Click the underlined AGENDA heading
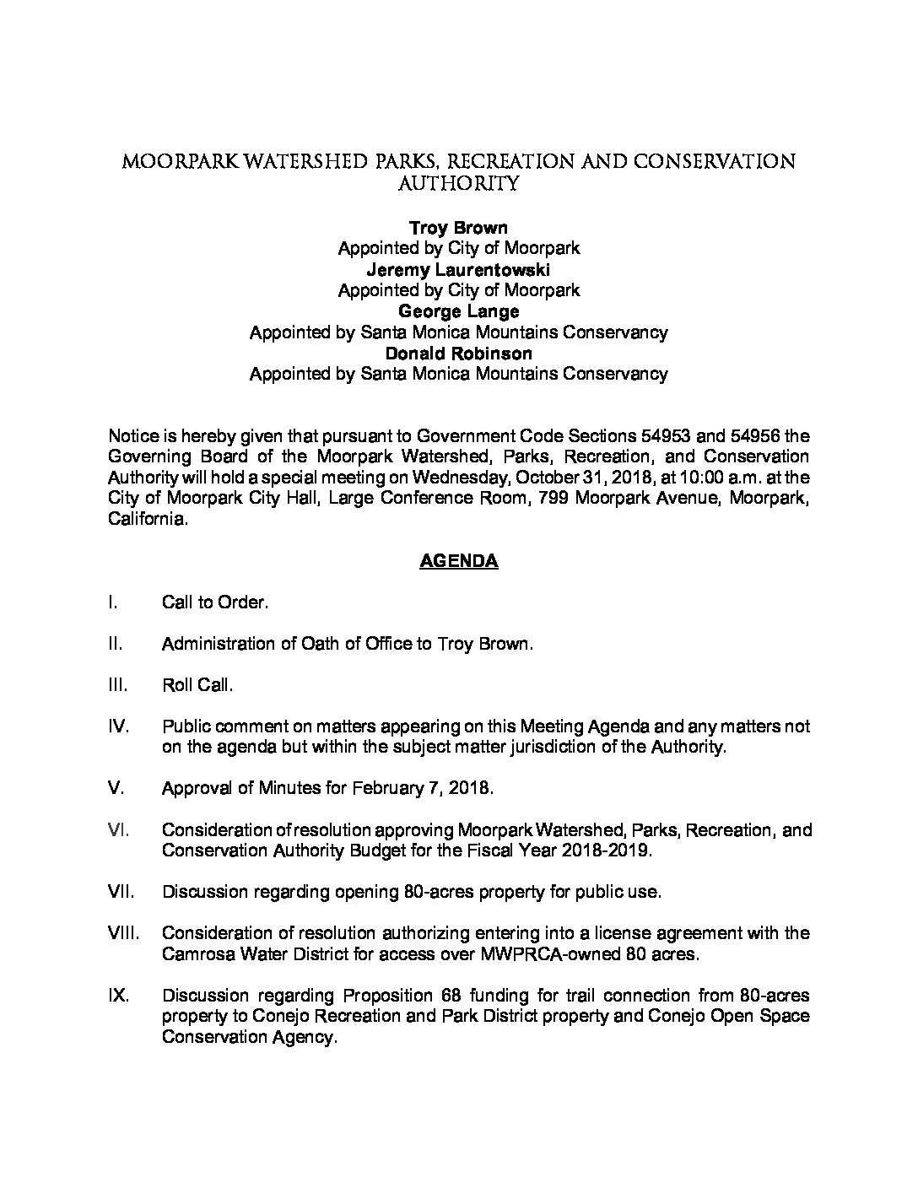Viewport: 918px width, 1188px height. pos(458,561)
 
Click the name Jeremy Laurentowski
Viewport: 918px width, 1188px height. pos(458,270)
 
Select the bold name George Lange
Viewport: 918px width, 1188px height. pos(458,311)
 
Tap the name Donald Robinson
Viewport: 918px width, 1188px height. pos(458,353)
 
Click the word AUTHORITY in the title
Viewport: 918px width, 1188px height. pos(458,182)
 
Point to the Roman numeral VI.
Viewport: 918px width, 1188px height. pos(117,829)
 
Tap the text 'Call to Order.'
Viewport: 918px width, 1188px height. pos(215,602)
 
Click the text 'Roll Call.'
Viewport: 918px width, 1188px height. pos(197,685)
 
